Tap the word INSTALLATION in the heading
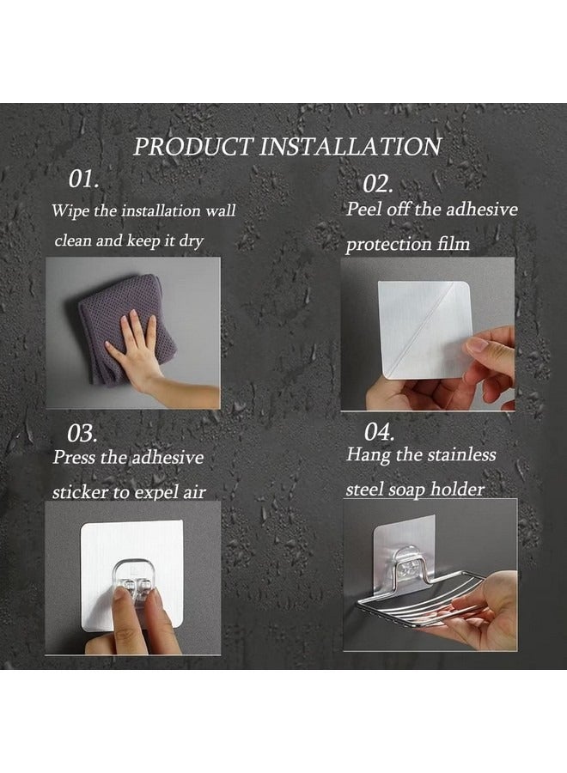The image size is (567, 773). point(350,147)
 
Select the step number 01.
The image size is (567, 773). point(83,179)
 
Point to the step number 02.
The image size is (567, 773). point(378,185)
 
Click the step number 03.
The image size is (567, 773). point(82,434)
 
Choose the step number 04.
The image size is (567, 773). point(380,432)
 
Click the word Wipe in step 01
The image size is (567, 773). point(70,211)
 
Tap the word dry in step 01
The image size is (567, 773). point(192,241)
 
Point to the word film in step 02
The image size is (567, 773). point(454,244)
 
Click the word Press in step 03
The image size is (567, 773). point(74,457)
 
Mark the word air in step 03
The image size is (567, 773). point(195,492)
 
